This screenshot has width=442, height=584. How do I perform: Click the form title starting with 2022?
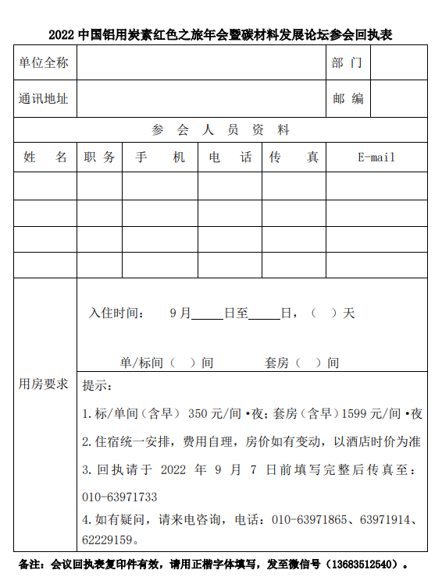[220, 35]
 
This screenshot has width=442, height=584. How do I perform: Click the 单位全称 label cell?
[44, 63]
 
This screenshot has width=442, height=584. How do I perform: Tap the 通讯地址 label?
[44, 99]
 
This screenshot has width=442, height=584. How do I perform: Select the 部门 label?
[347, 63]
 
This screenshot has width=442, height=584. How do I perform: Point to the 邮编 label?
[348, 99]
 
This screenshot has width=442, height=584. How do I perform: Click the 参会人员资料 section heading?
[220, 130]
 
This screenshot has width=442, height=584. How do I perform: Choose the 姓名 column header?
[45, 158]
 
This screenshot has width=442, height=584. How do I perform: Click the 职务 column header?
[99, 158]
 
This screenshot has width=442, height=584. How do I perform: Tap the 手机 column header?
[159, 158]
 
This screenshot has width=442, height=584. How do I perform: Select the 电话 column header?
[230, 158]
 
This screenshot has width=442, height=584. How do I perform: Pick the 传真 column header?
[294, 158]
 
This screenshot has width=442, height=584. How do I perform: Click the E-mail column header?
[376, 158]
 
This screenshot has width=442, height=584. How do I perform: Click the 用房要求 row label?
[44, 384]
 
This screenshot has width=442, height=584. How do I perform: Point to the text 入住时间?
[116, 313]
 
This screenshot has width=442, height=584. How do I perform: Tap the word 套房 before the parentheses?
[276, 363]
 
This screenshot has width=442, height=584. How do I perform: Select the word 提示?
[97, 386]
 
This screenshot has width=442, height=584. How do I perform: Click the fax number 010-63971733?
[119, 497]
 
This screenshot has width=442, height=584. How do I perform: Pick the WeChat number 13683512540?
[367, 564]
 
